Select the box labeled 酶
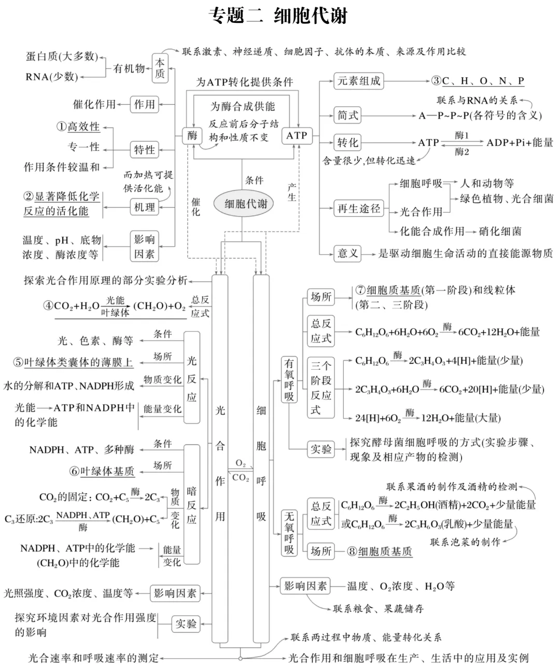coord(192,136)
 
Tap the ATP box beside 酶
coord(297,136)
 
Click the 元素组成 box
coord(359,81)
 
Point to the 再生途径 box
coord(359,209)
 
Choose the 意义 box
coord(347,253)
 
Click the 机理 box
coord(144,207)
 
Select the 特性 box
coord(144,150)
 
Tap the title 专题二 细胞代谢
coord(278,16)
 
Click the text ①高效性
coord(78,127)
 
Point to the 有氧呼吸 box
coord(289,380)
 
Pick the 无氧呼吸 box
coord(289,533)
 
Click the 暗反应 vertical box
coord(192,505)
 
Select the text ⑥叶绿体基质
coord(102,471)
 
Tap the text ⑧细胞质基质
coord(380,551)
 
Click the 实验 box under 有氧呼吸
coord(321,449)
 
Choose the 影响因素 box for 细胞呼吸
coord(305,586)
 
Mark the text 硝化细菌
coord(500,231)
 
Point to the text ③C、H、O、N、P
coord(478,81)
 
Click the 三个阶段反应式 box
coord(321,387)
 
